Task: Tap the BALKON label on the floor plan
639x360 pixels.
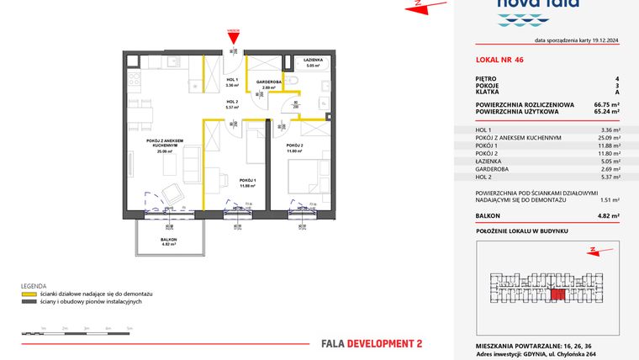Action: point(169,240)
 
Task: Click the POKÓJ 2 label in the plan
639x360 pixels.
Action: point(293,146)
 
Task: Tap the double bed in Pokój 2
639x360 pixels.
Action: point(305,178)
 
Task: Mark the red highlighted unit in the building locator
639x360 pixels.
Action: point(556,293)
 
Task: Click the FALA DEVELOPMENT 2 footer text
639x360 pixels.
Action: point(372,343)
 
